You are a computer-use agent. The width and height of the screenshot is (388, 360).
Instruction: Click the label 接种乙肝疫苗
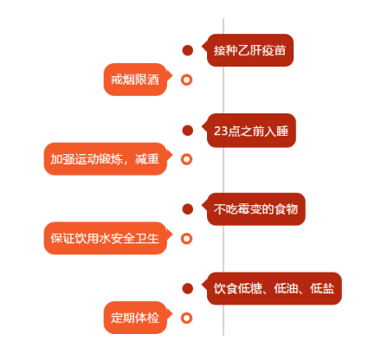tap(250, 50)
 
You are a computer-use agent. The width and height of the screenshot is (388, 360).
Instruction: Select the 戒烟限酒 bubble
tap(135, 80)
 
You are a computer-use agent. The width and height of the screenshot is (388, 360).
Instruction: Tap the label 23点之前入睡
tap(251, 131)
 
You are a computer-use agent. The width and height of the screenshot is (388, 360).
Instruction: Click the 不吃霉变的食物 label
tap(255, 209)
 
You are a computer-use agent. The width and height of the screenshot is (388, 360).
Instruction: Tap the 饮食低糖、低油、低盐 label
tap(274, 288)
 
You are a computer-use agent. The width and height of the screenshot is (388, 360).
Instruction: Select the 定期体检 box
tap(135, 318)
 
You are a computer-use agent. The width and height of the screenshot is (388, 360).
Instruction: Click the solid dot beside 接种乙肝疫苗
tap(188, 50)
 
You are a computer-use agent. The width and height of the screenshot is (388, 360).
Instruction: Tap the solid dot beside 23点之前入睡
tap(188, 130)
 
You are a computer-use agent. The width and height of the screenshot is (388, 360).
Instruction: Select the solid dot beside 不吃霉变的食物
tap(188, 209)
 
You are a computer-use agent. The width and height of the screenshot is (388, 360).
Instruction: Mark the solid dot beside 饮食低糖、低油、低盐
tap(188, 288)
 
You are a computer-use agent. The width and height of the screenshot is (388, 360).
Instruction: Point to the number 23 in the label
tap(221, 131)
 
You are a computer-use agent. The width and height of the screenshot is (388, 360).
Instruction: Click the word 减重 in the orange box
tap(147, 159)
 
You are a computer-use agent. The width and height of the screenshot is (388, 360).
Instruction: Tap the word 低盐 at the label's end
tap(322, 288)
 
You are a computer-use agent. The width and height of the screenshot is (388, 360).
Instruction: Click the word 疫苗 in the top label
tap(275, 50)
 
